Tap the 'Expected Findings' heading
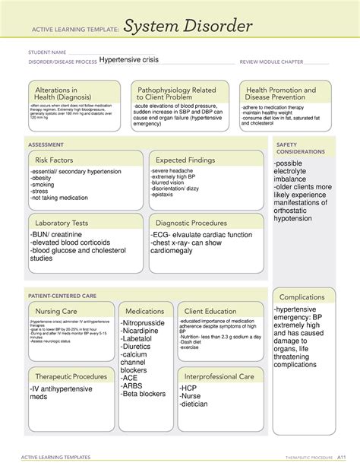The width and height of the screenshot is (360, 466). click(188, 160)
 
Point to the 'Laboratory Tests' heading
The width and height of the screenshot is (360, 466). click(62, 223)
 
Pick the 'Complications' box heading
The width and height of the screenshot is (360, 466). click(302, 296)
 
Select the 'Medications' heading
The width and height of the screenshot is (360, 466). click(145, 311)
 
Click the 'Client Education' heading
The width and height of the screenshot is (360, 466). click(210, 311)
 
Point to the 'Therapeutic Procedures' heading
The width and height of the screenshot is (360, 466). click(69, 376)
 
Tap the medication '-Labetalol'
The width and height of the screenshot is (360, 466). click(138, 339)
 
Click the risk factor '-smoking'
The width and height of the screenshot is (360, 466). click(43, 184)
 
